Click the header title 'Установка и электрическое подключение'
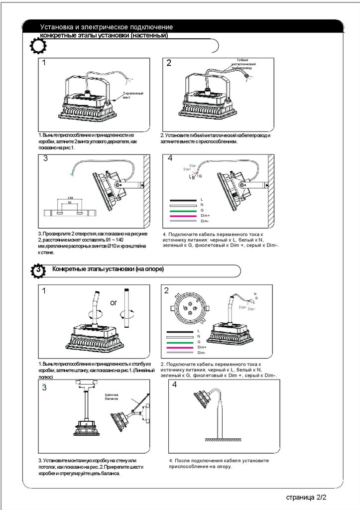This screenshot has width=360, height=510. tap(107, 26)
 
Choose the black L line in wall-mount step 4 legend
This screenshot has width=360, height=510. tap(184, 199)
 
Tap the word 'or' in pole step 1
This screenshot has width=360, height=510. tap(114, 302)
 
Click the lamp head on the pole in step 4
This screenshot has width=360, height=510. tap(201, 398)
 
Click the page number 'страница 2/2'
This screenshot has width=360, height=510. tap(306, 497)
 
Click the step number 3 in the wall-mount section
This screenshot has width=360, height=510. tap(45, 159)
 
